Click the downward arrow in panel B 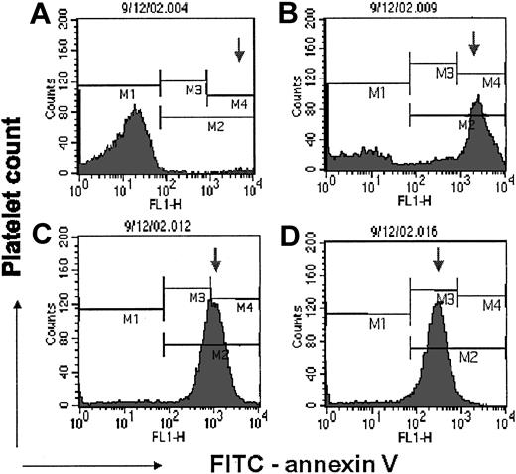(473, 42)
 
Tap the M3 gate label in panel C (196, 297)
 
